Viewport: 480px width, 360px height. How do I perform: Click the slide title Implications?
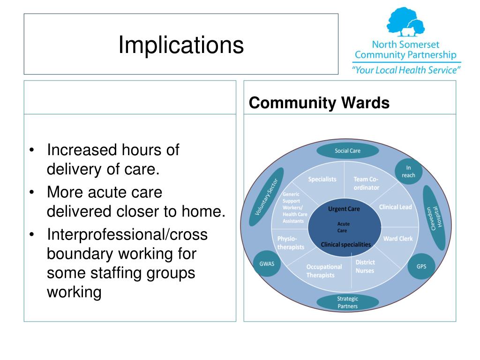[x=181, y=45]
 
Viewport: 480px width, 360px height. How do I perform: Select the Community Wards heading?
[x=319, y=103]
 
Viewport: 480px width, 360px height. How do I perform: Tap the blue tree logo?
[x=405, y=22]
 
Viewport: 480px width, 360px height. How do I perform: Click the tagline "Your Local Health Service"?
[x=406, y=70]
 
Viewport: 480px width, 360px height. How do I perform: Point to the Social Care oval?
[x=347, y=151]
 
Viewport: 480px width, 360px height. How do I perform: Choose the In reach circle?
[x=408, y=172]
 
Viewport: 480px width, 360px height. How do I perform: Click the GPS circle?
[x=421, y=266]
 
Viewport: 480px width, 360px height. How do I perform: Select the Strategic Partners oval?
[x=347, y=302]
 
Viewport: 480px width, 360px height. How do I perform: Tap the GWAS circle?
[x=267, y=263]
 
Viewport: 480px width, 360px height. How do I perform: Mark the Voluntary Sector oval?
[x=266, y=197]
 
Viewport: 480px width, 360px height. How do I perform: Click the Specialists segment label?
[x=322, y=179]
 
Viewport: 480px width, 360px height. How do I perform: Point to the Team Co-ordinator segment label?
[x=366, y=183]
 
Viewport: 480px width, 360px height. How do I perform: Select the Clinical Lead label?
[x=396, y=207]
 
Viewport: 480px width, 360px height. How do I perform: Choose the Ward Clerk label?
[x=398, y=239]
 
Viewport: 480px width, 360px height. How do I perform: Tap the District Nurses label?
[x=365, y=266]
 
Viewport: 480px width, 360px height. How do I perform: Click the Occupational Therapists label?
[x=324, y=271]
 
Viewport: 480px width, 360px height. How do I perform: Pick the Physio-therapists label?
[x=291, y=242]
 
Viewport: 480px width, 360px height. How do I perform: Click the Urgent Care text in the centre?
[x=344, y=209]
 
